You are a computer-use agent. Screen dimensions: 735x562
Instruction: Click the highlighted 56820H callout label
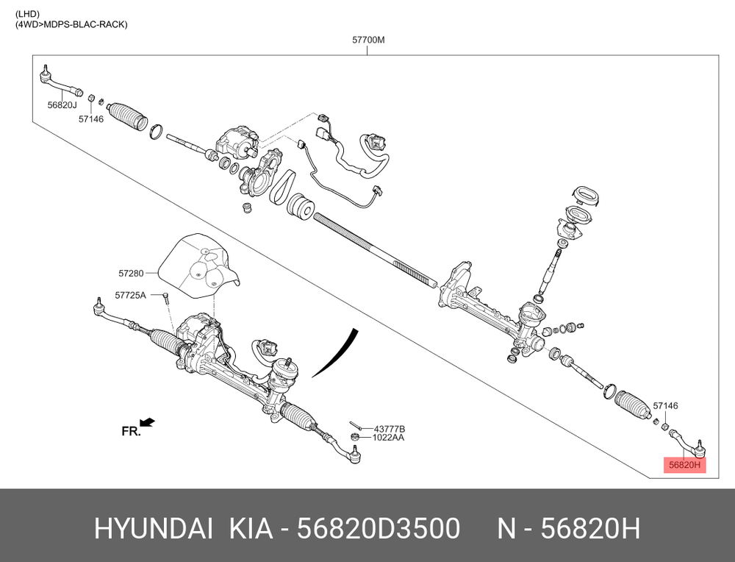point(684,465)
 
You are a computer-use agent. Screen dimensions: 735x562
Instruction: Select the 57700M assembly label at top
point(368,40)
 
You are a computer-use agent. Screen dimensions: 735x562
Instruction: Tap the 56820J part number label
point(62,105)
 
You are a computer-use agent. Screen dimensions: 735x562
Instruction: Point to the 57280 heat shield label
point(131,273)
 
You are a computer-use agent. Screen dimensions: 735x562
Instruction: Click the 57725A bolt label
point(130,295)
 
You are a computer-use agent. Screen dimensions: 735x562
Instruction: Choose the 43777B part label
point(389,430)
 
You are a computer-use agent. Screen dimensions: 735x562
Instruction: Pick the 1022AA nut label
point(388,438)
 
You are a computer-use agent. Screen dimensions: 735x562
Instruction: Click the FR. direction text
point(131,431)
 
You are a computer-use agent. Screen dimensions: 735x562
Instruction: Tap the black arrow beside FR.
point(148,422)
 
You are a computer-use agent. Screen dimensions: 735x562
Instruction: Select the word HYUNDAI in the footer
point(154,529)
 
